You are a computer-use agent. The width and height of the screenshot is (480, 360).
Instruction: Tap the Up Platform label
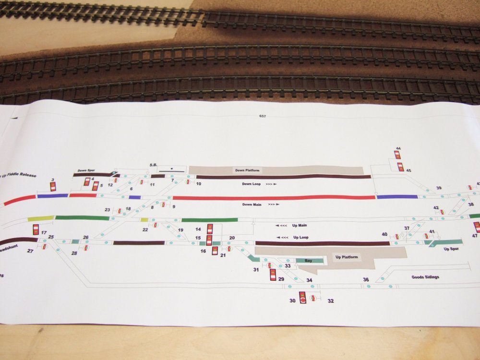pyautogui.click(x=346, y=257)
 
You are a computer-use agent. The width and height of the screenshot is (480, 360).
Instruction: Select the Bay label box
pyautogui.click(x=308, y=261)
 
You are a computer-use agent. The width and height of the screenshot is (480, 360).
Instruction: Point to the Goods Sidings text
pyautogui.click(x=425, y=277)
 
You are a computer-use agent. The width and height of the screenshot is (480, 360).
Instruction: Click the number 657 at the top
pyautogui.click(x=262, y=116)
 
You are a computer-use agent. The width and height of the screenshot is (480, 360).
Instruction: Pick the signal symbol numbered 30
pyautogui.click(x=303, y=298)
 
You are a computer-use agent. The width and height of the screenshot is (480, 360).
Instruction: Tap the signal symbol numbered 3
pyautogui.click(x=53, y=186)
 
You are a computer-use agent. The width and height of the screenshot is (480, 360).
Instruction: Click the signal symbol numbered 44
pyautogui.click(x=397, y=155)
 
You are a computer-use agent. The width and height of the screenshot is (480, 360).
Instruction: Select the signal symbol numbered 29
pyautogui.click(x=273, y=275)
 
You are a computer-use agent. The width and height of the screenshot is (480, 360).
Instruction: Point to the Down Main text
pyautogui.click(x=254, y=204)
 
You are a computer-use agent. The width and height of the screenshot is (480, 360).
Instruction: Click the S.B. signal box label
pyautogui.click(x=154, y=165)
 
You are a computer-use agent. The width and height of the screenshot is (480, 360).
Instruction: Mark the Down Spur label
pyautogui.click(x=86, y=170)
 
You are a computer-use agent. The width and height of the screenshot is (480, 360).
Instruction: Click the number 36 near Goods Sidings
pyautogui.click(x=366, y=280)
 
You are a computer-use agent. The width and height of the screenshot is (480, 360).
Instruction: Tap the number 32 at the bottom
pyautogui.click(x=331, y=301)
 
